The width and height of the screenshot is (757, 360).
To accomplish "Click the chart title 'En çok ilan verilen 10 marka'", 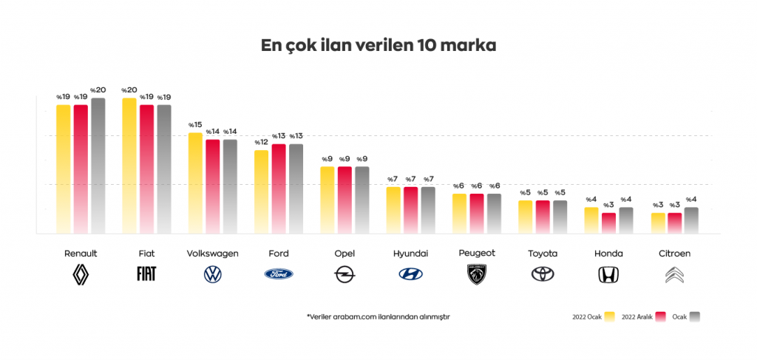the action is pos(378,45).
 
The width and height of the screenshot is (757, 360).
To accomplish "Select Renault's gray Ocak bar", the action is pos(98,166).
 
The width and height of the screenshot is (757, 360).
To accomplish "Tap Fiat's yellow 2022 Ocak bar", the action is pos(129,166).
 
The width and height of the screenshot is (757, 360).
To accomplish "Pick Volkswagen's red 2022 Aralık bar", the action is pos(213,187).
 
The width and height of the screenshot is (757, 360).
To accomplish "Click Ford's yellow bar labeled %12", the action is pos(261,192).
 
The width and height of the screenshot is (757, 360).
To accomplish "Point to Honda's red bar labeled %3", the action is pos(609,223).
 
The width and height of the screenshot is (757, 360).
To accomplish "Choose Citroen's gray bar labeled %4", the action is pos(691,220).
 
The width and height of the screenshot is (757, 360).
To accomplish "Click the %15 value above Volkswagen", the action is pos(195,125).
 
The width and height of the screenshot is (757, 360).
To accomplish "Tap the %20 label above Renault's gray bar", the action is pos(98,90).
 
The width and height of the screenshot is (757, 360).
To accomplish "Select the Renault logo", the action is pos(81,274).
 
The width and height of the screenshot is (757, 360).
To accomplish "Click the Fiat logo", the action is pos(146,274).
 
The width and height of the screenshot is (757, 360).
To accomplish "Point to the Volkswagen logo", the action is pos(212,274).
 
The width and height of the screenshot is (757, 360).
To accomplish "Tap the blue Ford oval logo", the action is pos(279,274).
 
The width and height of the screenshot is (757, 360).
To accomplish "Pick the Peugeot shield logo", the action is pos(477,274).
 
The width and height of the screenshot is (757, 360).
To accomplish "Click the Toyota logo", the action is pos(543,274).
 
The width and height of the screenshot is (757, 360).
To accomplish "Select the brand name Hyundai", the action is pos(410,254).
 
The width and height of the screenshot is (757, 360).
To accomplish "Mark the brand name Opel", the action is pos(344,254).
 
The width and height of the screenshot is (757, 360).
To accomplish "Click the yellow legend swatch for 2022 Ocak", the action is pos(609,316).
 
